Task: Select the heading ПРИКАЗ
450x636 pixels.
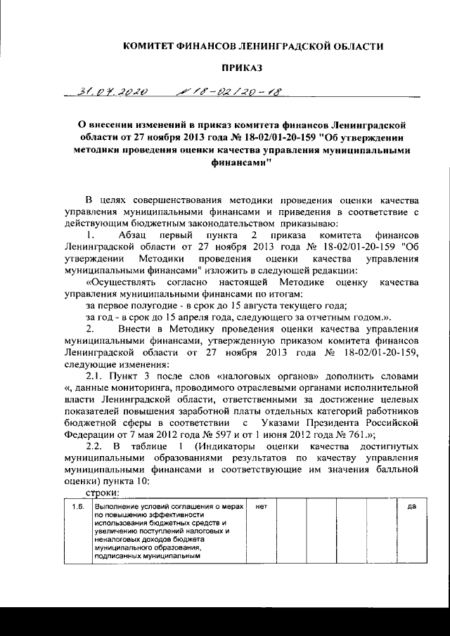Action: (x=242, y=67)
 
